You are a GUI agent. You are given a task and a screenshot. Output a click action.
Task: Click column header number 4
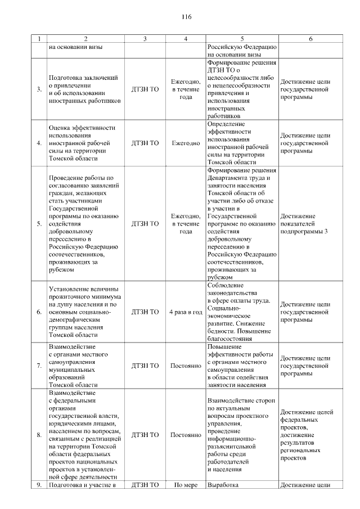tap(186, 39)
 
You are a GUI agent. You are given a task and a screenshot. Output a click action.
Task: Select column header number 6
tap(310, 39)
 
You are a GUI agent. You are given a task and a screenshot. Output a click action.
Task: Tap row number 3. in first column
tap(39, 89)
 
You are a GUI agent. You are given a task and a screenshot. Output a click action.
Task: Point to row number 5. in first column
tap(39, 223)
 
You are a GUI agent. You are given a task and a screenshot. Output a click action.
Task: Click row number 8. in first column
tap(39, 435)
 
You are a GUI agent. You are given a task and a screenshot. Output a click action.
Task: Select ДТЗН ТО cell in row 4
tap(145, 143)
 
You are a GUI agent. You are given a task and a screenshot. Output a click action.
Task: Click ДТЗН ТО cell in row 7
tap(145, 366)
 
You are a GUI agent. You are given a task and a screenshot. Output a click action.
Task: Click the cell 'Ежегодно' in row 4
tap(186, 143)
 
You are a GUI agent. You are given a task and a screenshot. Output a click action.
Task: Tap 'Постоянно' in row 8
tap(186, 435)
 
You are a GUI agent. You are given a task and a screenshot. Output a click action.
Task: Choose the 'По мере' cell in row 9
tap(186, 484)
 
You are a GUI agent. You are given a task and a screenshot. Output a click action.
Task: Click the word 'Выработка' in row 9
tap(223, 484)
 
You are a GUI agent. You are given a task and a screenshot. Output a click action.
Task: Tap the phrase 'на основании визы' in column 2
tap(76, 47)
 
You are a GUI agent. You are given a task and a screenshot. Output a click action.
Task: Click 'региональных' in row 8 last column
tap(302, 450)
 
